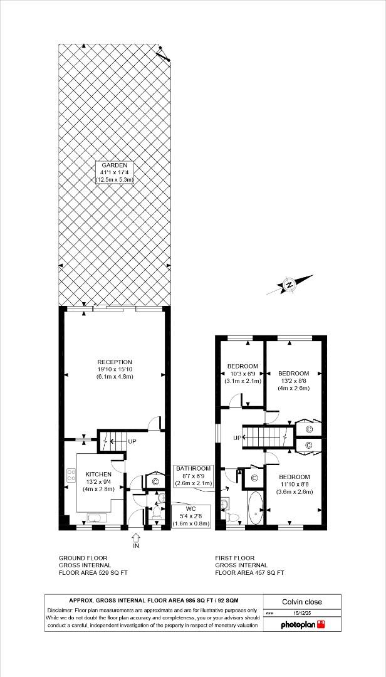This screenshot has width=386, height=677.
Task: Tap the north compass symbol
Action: (289, 285)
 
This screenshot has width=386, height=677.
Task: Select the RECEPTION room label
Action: (114, 369)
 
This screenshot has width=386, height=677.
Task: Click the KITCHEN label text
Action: (99, 475)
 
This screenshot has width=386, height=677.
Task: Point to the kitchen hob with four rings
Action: (71, 480)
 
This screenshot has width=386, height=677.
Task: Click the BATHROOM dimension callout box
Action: (194, 476)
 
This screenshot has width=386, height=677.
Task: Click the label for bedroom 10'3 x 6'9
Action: (243, 374)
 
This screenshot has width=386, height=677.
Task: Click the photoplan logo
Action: (303, 625)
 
